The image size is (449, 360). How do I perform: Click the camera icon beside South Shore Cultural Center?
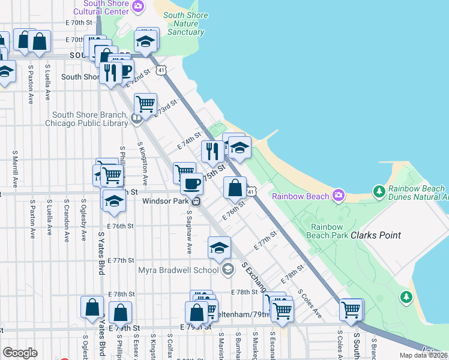tap(139, 7)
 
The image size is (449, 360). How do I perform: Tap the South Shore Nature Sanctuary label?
tap(185, 24)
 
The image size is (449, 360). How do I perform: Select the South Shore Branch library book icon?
tap(136, 118)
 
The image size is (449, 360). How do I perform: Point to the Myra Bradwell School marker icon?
tap(227, 270)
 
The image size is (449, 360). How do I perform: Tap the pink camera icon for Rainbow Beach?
tap(339, 196)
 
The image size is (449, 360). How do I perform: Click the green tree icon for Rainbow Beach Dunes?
tap(379, 192)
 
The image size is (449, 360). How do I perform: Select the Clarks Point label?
tap(376, 235)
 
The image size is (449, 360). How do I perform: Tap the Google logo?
tap(20, 353)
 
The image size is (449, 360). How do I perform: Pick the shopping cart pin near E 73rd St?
tap(145, 104)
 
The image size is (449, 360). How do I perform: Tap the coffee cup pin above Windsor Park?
tap(191, 183)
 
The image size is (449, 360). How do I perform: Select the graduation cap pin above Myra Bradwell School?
tap(220, 247)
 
